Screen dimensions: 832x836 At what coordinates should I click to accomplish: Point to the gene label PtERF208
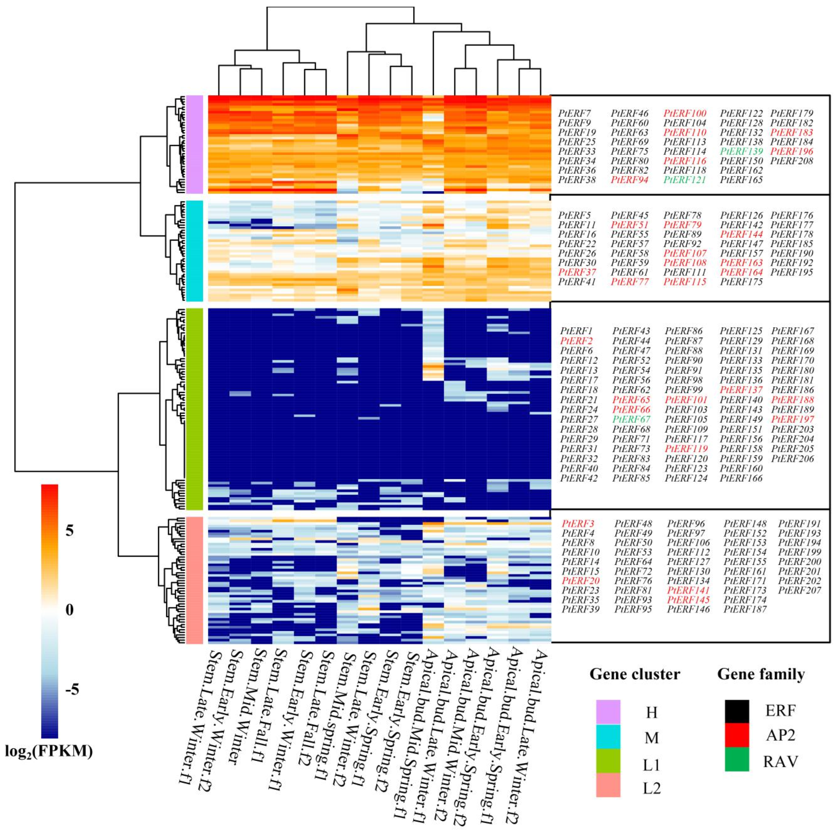click(792, 161)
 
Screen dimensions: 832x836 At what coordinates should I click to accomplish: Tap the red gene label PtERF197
click(793, 419)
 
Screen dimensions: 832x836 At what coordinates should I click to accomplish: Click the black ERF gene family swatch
click(737, 711)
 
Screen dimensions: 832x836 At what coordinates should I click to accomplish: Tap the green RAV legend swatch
click(737, 759)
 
